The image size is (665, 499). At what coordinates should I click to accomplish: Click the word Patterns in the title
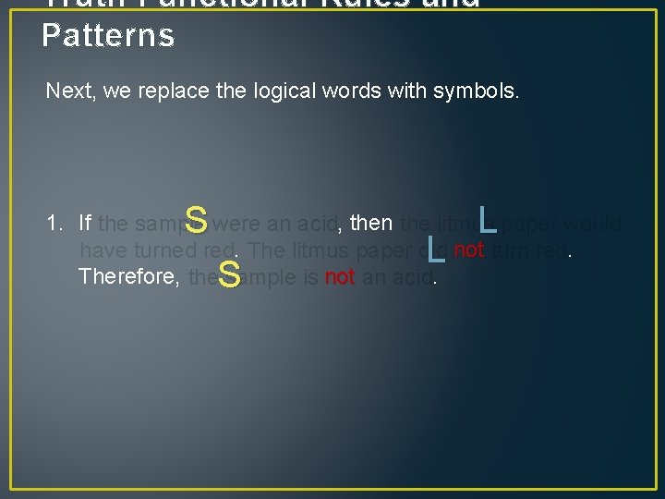(108, 35)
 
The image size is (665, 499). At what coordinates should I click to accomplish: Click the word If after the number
(85, 224)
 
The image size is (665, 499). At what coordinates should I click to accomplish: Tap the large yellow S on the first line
(195, 221)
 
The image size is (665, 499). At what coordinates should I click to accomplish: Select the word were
(236, 224)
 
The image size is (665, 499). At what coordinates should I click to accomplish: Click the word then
(372, 224)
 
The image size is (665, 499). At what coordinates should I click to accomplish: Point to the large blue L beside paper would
(488, 220)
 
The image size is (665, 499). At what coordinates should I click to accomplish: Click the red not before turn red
(469, 249)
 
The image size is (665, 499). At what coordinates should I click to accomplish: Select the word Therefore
(130, 276)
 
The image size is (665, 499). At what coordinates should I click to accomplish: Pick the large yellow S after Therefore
(230, 274)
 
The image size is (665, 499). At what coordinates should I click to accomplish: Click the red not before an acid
(340, 276)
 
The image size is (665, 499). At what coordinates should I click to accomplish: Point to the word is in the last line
(311, 276)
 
